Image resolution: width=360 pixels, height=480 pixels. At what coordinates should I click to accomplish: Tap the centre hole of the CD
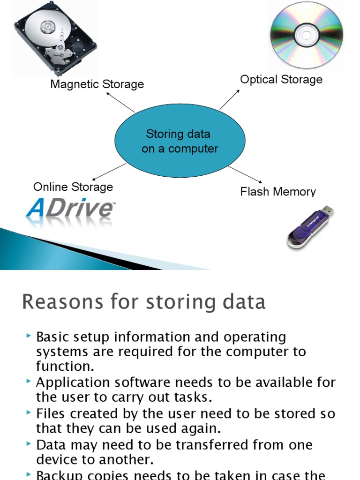306,35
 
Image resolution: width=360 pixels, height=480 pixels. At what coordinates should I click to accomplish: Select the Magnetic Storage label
97,84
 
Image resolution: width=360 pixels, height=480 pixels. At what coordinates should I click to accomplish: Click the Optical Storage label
281,79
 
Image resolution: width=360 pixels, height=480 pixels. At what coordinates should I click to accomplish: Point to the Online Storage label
73,187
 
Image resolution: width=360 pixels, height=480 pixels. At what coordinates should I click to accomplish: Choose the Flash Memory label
278,192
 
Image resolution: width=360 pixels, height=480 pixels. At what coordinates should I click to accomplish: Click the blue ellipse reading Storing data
180,141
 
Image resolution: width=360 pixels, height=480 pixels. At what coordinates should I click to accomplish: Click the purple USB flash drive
309,227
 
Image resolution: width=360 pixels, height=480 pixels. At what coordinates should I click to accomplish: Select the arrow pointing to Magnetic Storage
120,102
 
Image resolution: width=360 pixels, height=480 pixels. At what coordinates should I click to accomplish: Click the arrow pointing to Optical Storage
229,99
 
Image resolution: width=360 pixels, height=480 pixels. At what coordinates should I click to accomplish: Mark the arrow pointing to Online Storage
109,172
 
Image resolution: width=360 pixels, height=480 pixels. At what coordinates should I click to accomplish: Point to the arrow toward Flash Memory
245,174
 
